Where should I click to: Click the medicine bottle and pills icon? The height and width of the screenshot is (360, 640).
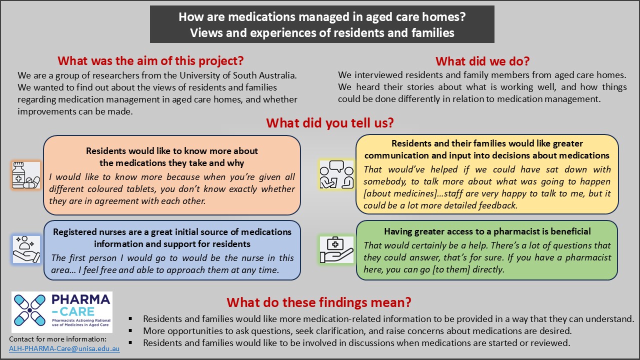[x=26, y=175]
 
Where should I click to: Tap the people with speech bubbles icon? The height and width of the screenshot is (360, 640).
[x=336, y=174]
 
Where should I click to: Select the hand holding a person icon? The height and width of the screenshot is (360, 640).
[x=26, y=249]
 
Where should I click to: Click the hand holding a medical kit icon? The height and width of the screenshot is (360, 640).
[x=336, y=249]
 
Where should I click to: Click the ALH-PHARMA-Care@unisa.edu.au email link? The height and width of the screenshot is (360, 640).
[x=64, y=348]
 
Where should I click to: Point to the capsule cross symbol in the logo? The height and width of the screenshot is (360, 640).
[x=29, y=310]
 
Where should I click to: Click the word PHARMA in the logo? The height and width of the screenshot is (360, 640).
[x=81, y=299]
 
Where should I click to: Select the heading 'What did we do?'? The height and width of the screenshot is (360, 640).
[x=482, y=61]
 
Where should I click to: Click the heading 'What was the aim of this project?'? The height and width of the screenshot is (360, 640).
[x=150, y=61]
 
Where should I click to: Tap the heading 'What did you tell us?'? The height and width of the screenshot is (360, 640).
[x=330, y=123]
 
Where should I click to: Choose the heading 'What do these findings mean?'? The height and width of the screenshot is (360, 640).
[x=319, y=302]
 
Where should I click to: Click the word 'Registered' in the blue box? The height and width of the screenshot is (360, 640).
[x=75, y=232]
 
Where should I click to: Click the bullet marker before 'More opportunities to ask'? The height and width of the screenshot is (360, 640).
[x=130, y=331]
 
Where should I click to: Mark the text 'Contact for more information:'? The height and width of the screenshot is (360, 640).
[x=57, y=339]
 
